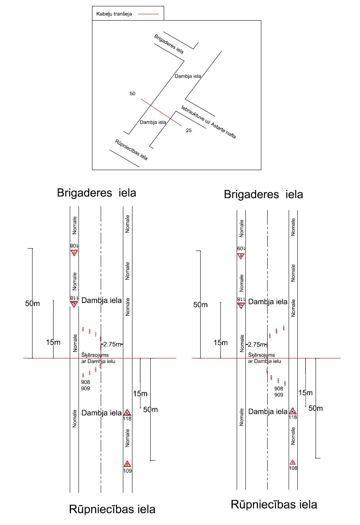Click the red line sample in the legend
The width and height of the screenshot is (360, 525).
148,14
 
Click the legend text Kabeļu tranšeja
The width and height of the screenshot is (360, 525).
114,14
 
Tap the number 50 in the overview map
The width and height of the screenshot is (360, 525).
132,94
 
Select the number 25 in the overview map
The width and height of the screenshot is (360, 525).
189,130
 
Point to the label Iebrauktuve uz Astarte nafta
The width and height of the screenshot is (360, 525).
209,122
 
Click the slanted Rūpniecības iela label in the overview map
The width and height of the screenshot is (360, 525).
131,150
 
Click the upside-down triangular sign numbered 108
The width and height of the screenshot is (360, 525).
74,252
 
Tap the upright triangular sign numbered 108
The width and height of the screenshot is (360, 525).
293,462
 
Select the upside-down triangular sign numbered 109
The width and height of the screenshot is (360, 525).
241,256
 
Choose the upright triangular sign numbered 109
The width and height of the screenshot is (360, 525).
127,464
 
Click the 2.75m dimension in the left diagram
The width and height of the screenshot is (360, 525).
112,344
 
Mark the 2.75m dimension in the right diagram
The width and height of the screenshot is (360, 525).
257,345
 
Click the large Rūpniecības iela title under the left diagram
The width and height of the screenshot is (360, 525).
112,509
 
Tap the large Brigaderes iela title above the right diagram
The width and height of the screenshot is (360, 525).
263,194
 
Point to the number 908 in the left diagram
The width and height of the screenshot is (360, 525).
85,382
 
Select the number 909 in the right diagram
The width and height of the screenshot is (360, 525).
279,395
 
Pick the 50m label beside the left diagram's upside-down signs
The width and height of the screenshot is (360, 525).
33,304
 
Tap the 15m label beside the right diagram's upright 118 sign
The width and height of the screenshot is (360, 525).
305,393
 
